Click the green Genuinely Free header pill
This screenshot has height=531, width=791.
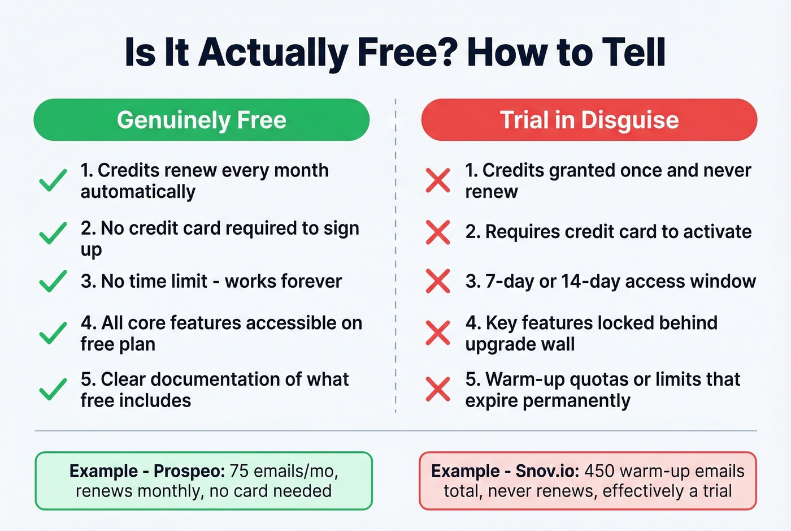coord(201,120)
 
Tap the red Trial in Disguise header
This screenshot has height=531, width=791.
coord(589,120)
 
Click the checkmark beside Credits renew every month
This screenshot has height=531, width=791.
coord(53,181)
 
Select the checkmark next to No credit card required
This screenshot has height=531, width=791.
coord(53,232)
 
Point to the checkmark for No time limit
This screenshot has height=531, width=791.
coord(53,280)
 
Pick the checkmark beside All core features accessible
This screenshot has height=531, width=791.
coord(53,333)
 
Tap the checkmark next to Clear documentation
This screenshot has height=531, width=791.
coord(53,389)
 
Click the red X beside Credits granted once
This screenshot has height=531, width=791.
coord(438,180)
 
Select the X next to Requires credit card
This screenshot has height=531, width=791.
coord(438,232)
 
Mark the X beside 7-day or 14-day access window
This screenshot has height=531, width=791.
coord(438,281)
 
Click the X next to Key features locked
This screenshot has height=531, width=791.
coord(438,333)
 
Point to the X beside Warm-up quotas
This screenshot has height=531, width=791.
coord(438,389)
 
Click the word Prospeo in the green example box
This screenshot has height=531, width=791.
coord(189,471)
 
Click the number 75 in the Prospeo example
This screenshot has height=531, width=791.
coord(239,471)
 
